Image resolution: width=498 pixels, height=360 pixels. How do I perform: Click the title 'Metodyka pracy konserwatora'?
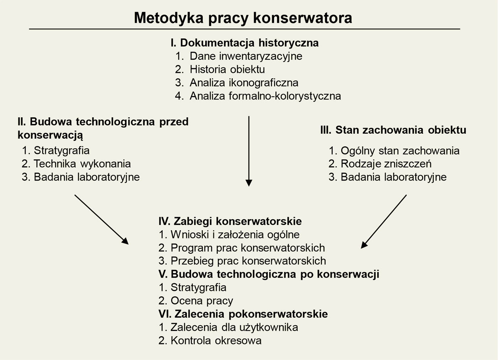[243, 18]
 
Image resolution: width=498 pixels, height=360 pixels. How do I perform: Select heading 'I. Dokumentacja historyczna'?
[244, 43]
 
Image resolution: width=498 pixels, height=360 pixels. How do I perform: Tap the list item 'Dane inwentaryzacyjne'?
[245, 56]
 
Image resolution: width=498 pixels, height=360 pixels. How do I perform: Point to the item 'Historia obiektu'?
[227, 69]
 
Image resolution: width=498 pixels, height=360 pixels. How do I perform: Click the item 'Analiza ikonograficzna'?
[244, 83]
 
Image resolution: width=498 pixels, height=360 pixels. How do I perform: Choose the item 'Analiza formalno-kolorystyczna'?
[265, 96]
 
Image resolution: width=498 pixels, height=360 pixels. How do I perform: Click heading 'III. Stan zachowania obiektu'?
[393, 130]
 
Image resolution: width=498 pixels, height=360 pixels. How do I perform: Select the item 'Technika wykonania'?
[82, 164]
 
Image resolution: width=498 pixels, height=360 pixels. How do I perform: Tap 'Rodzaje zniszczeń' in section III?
[386, 164]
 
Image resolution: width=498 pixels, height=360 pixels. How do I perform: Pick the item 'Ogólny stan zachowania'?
[400, 151]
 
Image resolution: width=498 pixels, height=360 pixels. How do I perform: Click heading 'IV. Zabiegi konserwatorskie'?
[230, 221]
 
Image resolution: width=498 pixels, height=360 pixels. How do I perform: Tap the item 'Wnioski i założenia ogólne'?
[235, 235]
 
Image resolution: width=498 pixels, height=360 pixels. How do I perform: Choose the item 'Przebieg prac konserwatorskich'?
[248, 261]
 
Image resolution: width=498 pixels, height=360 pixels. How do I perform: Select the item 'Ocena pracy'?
[201, 301]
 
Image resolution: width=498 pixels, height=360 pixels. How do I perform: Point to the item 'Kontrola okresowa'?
[216, 340]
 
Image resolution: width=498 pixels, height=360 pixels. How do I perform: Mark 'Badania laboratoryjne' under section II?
[86, 177]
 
